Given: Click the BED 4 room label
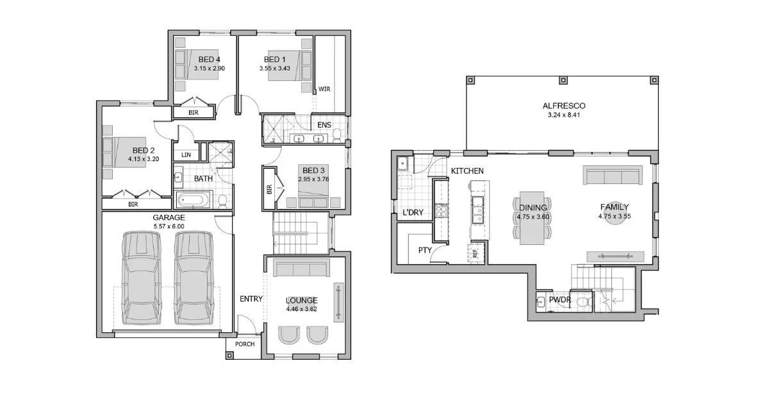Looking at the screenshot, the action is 209,60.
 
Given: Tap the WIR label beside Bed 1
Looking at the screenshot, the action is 324,89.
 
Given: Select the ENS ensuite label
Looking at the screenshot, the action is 324,124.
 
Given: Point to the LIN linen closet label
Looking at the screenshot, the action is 186,155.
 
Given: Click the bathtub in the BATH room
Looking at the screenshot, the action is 193,200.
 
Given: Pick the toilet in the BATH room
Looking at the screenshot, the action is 222,201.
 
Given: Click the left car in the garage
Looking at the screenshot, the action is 142,278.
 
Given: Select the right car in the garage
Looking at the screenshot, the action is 194,278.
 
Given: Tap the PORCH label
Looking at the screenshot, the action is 245,344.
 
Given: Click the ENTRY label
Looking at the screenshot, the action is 251,299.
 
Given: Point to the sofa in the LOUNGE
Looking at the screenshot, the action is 301,267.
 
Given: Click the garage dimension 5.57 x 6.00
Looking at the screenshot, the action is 169,226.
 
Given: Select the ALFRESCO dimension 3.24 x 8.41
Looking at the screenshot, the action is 564,115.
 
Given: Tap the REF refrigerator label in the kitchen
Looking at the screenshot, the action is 475,253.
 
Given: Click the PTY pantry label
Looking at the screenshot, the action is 425,250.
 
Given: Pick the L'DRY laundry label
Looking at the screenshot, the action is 413,213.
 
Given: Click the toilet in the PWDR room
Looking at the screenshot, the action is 584,302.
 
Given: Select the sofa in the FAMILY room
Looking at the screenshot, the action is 613,175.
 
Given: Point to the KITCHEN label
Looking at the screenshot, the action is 467,171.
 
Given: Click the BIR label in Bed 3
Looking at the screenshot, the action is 269,189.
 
